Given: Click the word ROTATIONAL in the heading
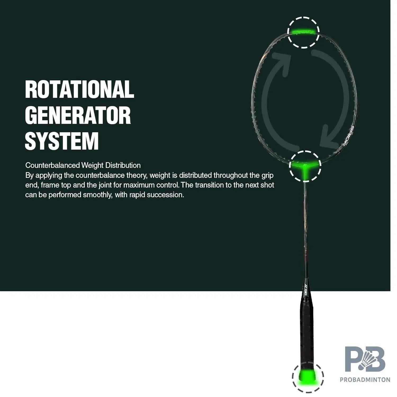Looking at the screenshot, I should [79, 89].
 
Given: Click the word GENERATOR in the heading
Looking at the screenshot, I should [78, 115].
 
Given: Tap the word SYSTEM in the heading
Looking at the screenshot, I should [62, 141].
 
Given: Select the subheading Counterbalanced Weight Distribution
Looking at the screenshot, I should [83, 165].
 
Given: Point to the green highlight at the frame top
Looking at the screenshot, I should [303, 32].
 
